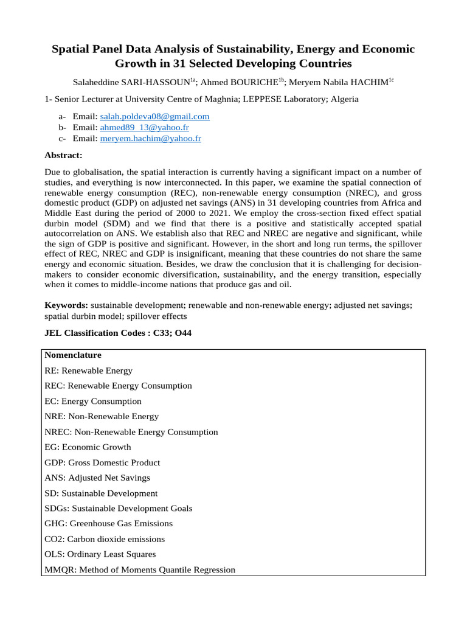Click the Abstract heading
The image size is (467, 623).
63,155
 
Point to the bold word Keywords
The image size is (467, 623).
66,305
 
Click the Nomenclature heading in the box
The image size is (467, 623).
73,355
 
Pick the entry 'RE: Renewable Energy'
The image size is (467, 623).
88,370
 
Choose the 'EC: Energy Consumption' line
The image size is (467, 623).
92,401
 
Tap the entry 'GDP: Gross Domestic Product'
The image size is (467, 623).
102,462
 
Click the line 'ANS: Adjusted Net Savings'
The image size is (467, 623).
97,478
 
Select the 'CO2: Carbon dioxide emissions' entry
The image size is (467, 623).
105,539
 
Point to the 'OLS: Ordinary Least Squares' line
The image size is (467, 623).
100,554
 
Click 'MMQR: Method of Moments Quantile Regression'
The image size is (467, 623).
140,569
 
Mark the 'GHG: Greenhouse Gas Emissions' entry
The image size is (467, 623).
109,523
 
